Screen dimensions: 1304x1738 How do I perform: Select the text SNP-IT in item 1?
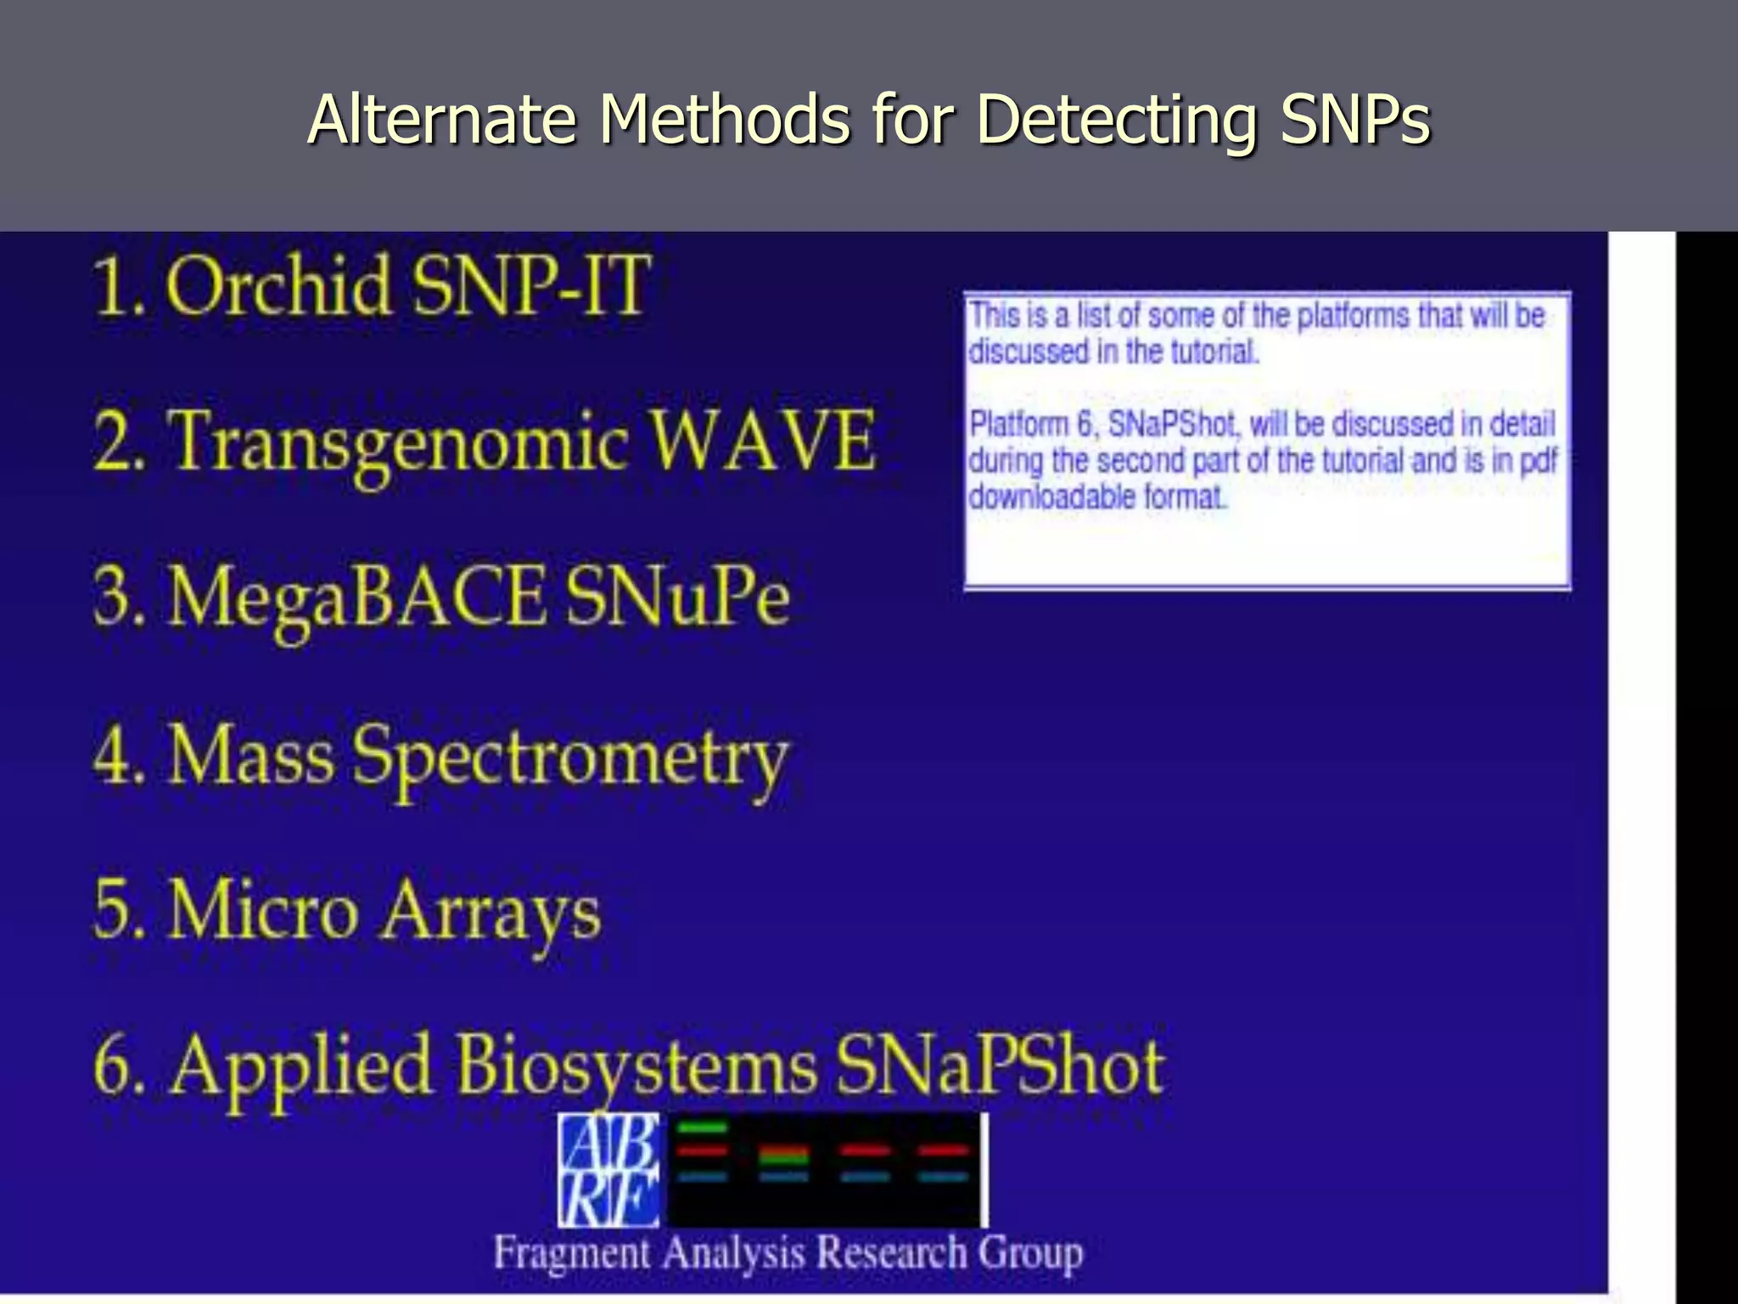[530, 287]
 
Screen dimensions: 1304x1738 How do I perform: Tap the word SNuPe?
[677, 597]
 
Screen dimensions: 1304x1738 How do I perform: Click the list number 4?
[114, 755]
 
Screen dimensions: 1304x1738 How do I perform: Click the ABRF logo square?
[608, 1169]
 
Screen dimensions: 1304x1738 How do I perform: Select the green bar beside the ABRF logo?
[704, 1127]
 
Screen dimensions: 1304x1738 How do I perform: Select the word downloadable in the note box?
[1051, 497]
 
